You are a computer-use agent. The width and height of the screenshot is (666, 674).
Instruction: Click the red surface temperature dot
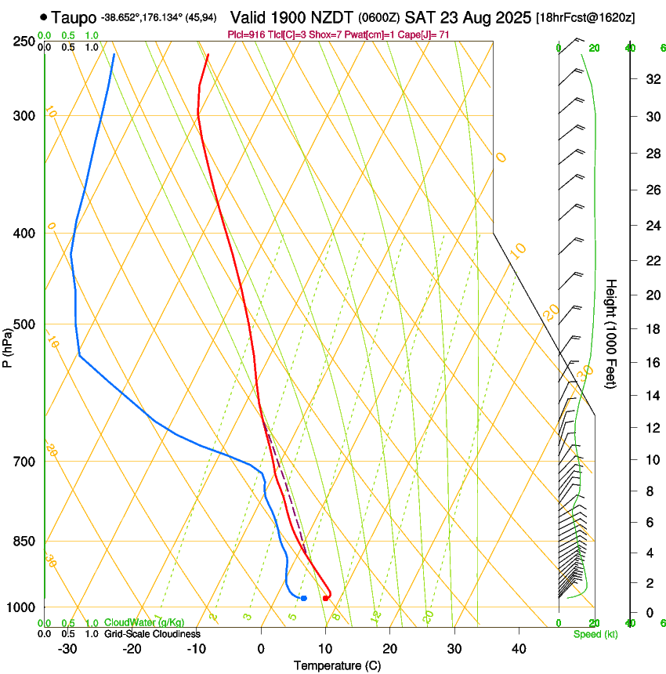pos(326,598)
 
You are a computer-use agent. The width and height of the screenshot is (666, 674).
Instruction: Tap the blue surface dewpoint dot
pos(303,598)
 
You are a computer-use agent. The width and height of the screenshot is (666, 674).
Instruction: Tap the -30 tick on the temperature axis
pos(67,649)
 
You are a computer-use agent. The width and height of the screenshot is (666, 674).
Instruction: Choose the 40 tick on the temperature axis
pos(519,649)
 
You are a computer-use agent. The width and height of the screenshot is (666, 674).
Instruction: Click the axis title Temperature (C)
pos(337,665)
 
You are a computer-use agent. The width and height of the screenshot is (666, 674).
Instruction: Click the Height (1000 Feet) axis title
pos(612,333)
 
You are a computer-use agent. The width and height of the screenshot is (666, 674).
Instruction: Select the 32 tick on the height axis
pos(650,79)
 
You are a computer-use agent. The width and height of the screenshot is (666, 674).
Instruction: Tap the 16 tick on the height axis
pos(650,363)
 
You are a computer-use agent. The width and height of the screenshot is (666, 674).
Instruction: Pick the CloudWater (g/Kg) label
pos(144,623)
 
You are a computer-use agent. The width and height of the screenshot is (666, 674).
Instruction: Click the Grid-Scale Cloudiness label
pos(152,634)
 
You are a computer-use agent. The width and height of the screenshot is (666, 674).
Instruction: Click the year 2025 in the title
pos(509,17)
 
